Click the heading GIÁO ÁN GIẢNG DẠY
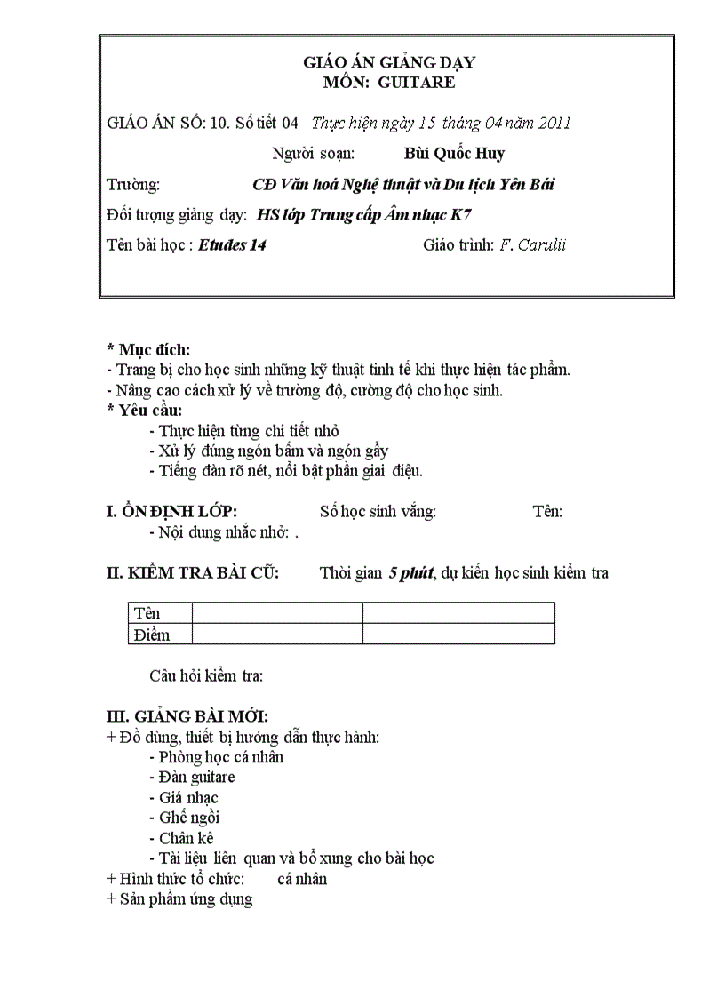pyautogui.click(x=389, y=62)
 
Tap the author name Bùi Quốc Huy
pyautogui.click(x=454, y=153)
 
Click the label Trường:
pyautogui.click(x=133, y=184)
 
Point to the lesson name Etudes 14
pyautogui.click(x=232, y=244)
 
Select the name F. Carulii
pyautogui.click(x=533, y=244)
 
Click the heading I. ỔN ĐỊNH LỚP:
pyautogui.click(x=171, y=511)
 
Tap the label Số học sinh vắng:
pyautogui.click(x=378, y=511)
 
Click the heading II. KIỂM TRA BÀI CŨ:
pyautogui.click(x=193, y=573)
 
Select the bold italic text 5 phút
pyautogui.click(x=410, y=573)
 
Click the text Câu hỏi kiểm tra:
pyautogui.click(x=206, y=676)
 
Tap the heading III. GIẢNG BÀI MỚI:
pyautogui.click(x=187, y=716)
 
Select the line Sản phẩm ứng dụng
pyautogui.click(x=179, y=898)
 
